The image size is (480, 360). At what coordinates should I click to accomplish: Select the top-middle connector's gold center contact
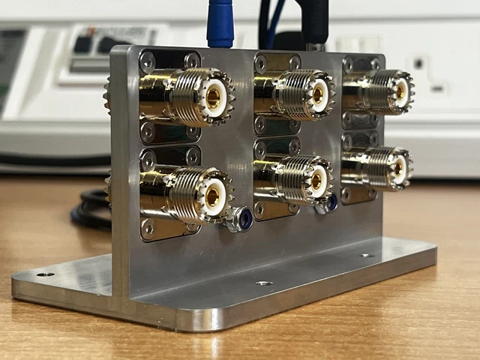tap(319, 94)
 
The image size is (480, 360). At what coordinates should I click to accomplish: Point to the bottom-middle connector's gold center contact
tap(316, 180)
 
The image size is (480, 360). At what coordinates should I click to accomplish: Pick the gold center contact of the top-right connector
tap(401, 91)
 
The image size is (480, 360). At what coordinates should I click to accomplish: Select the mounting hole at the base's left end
tap(46, 274)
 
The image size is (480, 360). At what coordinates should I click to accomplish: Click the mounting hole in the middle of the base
tap(263, 283)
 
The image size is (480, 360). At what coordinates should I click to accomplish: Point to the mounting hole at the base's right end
tap(367, 256)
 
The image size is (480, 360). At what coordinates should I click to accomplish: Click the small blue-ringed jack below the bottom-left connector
tap(241, 219)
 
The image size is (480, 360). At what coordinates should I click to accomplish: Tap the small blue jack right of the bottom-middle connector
tap(329, 202)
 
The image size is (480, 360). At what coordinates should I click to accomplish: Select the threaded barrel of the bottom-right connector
tap(379, 166)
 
